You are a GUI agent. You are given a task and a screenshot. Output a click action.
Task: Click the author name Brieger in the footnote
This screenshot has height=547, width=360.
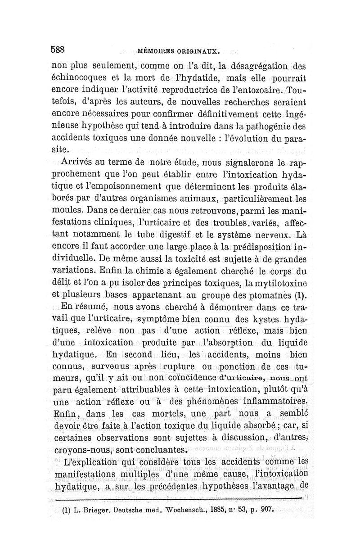click(x=97, y=511)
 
